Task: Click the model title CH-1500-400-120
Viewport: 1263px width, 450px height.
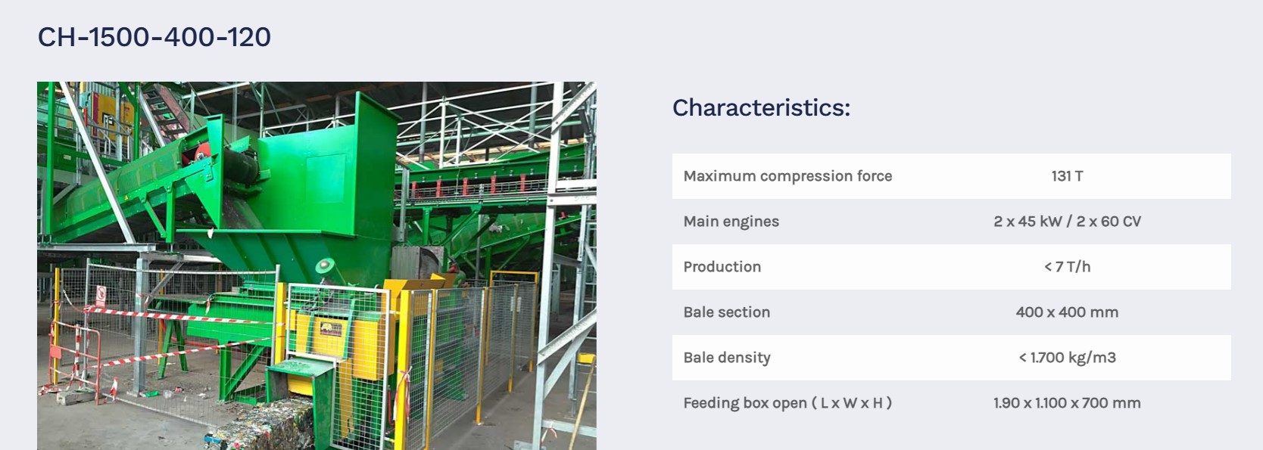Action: (154, 37)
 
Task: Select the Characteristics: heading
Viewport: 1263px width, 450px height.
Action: (761, 107)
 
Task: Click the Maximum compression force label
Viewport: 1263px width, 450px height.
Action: (787, 176)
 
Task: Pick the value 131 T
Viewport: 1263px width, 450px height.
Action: (1067, 176)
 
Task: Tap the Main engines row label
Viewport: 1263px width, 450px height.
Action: (731, 222)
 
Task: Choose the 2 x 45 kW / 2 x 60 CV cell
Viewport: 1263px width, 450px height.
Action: (1067, 222)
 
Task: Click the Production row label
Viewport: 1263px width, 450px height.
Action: (722, 267)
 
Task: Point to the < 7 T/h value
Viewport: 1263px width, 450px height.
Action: (1067, 267)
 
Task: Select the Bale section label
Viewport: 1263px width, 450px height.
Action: (727, 312)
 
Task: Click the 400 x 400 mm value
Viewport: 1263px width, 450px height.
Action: (1067, 312)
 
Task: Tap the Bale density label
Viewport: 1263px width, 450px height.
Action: (727, 358)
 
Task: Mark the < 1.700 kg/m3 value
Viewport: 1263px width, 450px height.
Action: (1067, 358)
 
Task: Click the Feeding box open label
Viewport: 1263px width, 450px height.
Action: (787, 403)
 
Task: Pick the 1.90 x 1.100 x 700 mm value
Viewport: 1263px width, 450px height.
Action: (1067, 403)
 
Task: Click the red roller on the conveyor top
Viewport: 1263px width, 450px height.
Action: (201, 152)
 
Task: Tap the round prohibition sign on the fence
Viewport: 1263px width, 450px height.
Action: (101, 293)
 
